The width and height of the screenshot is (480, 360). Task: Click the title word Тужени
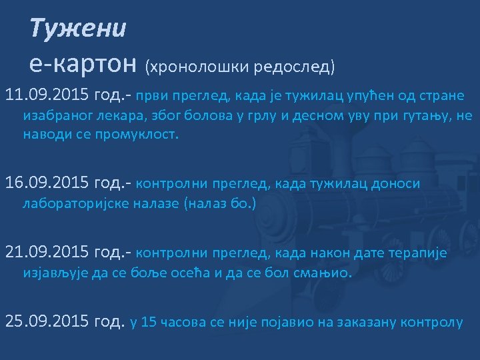(x=78, y=28)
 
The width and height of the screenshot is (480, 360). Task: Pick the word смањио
(x=319, y=273)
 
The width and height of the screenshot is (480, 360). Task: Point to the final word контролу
(x=430, y=323)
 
